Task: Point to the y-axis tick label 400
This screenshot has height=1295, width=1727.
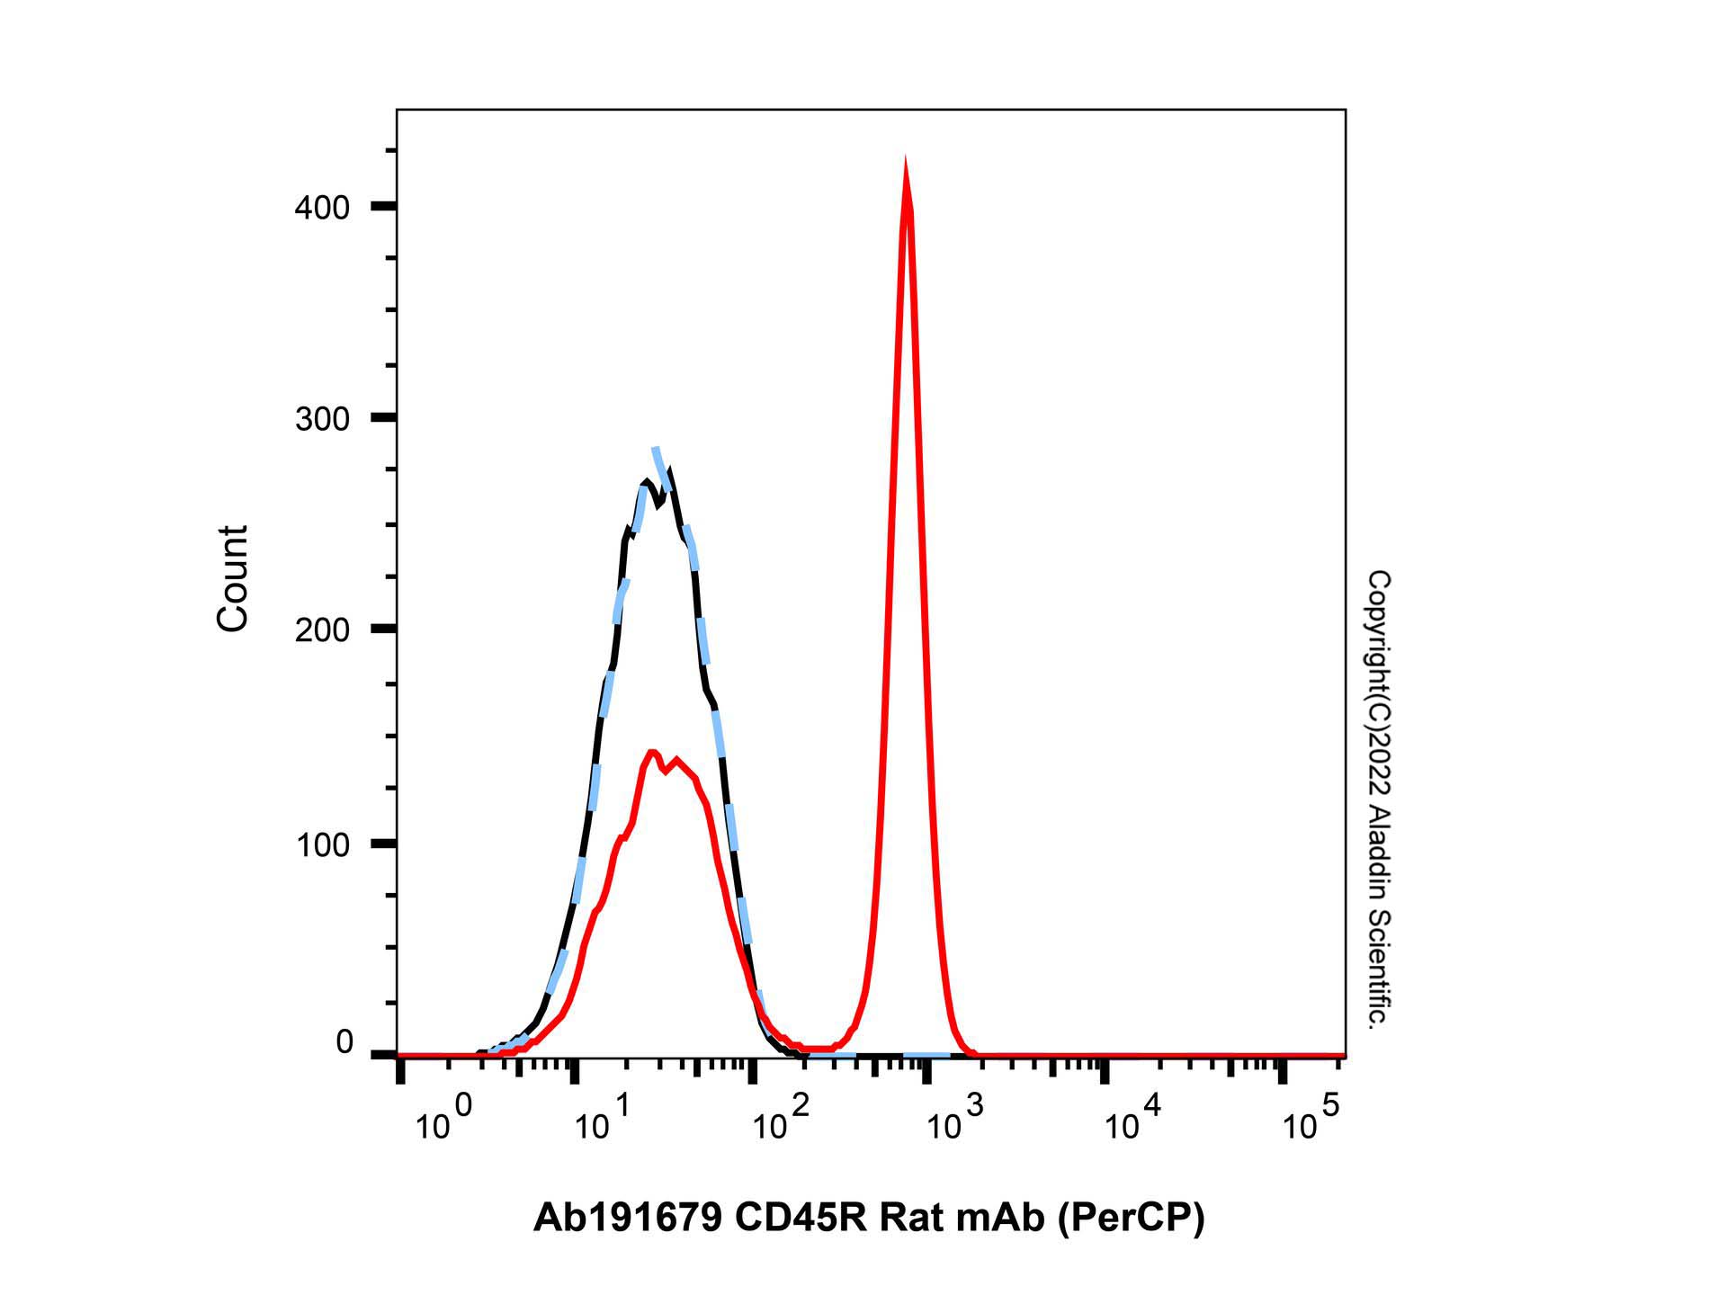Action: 322,208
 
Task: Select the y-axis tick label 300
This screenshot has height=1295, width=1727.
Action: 322,418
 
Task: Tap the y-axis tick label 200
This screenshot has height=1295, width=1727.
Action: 322,630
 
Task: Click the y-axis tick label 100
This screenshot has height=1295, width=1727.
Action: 322,844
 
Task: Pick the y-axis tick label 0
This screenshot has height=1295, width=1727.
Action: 345,1043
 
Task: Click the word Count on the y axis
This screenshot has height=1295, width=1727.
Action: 233,578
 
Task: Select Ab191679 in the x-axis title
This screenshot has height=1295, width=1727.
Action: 627,1218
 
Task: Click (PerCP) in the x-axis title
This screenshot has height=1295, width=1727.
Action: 1130,1218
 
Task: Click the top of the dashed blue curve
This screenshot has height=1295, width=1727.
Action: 656,449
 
